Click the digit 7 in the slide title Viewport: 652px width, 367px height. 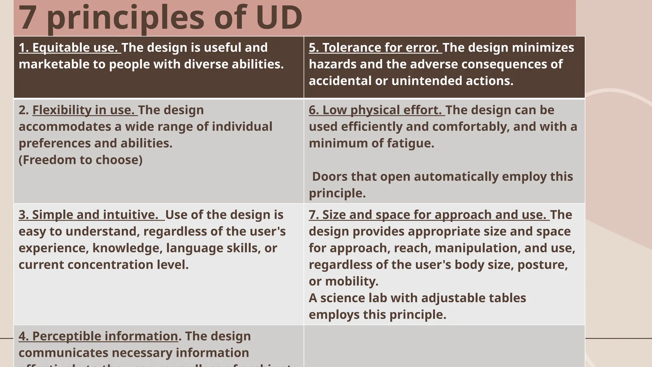coord(27,18)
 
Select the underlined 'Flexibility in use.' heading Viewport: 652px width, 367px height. coord(85,110)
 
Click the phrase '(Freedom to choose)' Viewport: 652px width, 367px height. coord(81,160)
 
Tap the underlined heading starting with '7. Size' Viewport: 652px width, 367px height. coord(429,215)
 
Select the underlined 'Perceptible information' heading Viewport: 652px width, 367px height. coord(98,336)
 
